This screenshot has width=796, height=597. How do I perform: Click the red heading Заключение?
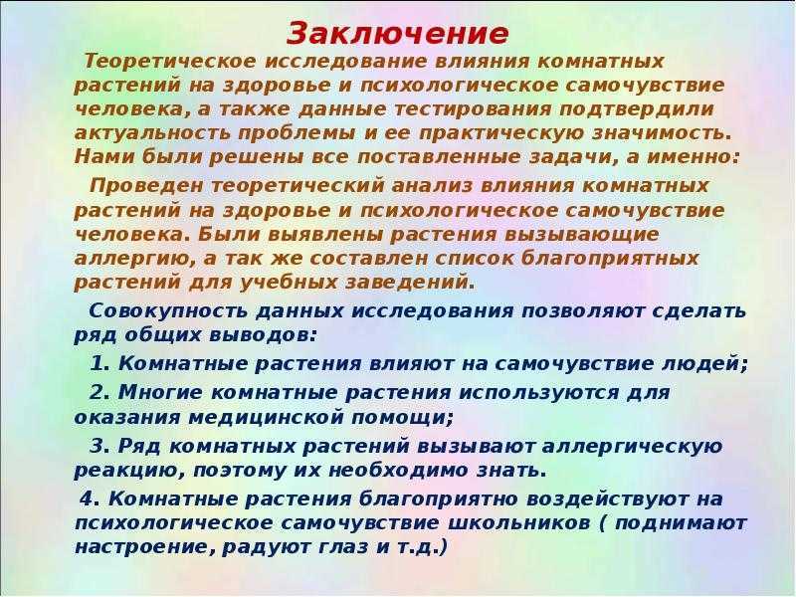[397, 34]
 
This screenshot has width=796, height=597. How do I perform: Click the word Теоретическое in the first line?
[171, 62]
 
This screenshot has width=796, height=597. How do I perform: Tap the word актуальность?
[153, 133]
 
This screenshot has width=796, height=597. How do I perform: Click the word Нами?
[104, 156]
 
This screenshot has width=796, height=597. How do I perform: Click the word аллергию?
[134, 259]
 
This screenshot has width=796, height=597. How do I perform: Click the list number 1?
[100, 363]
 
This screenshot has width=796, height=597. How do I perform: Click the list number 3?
[100, 446]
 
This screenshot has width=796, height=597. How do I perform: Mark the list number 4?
[90, 498]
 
